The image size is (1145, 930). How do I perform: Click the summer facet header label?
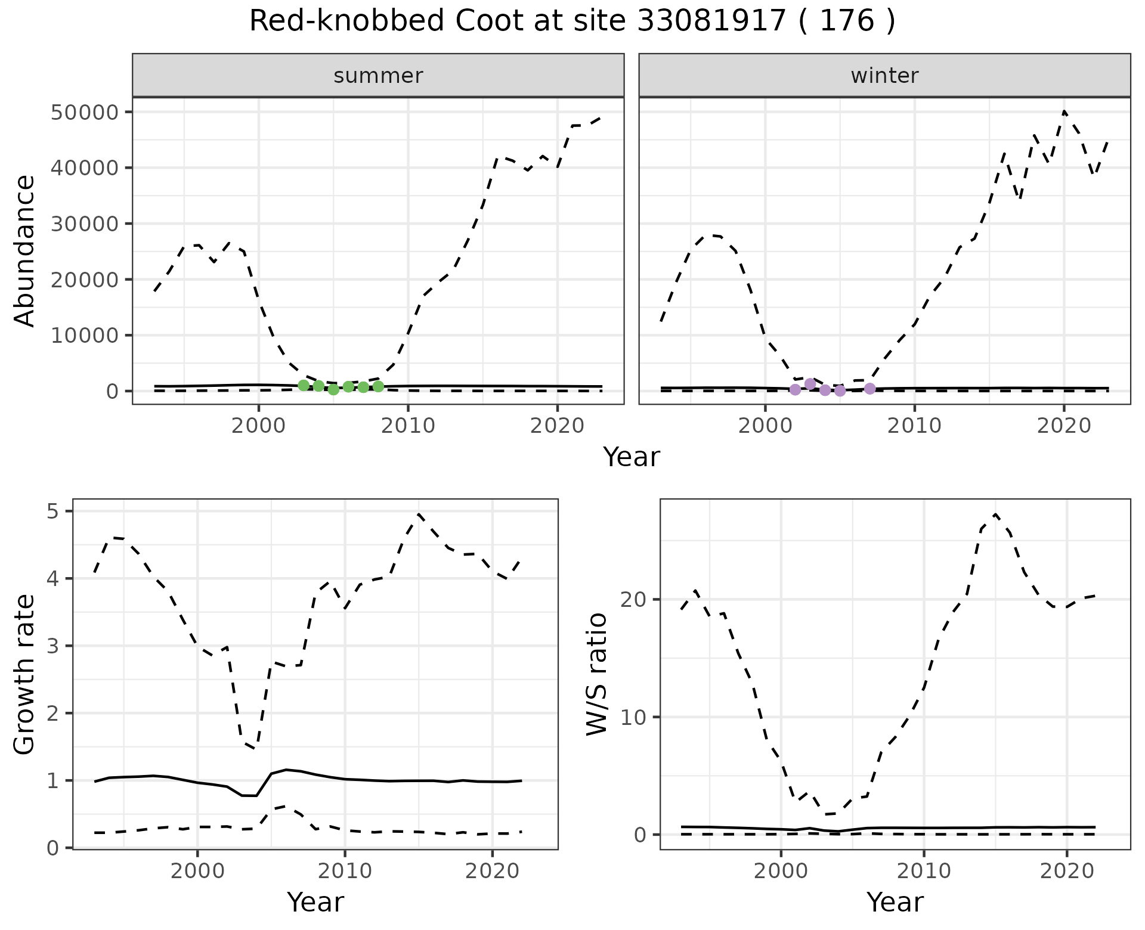(x=378, y=76)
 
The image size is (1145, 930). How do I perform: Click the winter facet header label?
(x=884, y=76)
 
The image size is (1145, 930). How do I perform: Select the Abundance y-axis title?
(x=25, y=250)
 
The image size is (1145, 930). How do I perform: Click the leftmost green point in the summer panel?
(x=304, y=385)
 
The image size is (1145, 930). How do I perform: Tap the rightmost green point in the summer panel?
(x=378, y=386)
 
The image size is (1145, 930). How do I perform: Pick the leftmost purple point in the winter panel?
(x=795, y=389)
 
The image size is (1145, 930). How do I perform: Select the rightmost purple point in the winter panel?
(x=869, y=389)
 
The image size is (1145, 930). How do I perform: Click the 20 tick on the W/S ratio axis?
(x=635, y=599)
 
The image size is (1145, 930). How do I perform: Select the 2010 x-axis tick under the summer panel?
(x=408, y=426)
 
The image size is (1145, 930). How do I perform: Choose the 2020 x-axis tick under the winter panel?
(x=1063, y=426)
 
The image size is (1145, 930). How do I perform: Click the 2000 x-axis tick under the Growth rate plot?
(x=197, y=871)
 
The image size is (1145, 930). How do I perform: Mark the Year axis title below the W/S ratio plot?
(x=895, y=902)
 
